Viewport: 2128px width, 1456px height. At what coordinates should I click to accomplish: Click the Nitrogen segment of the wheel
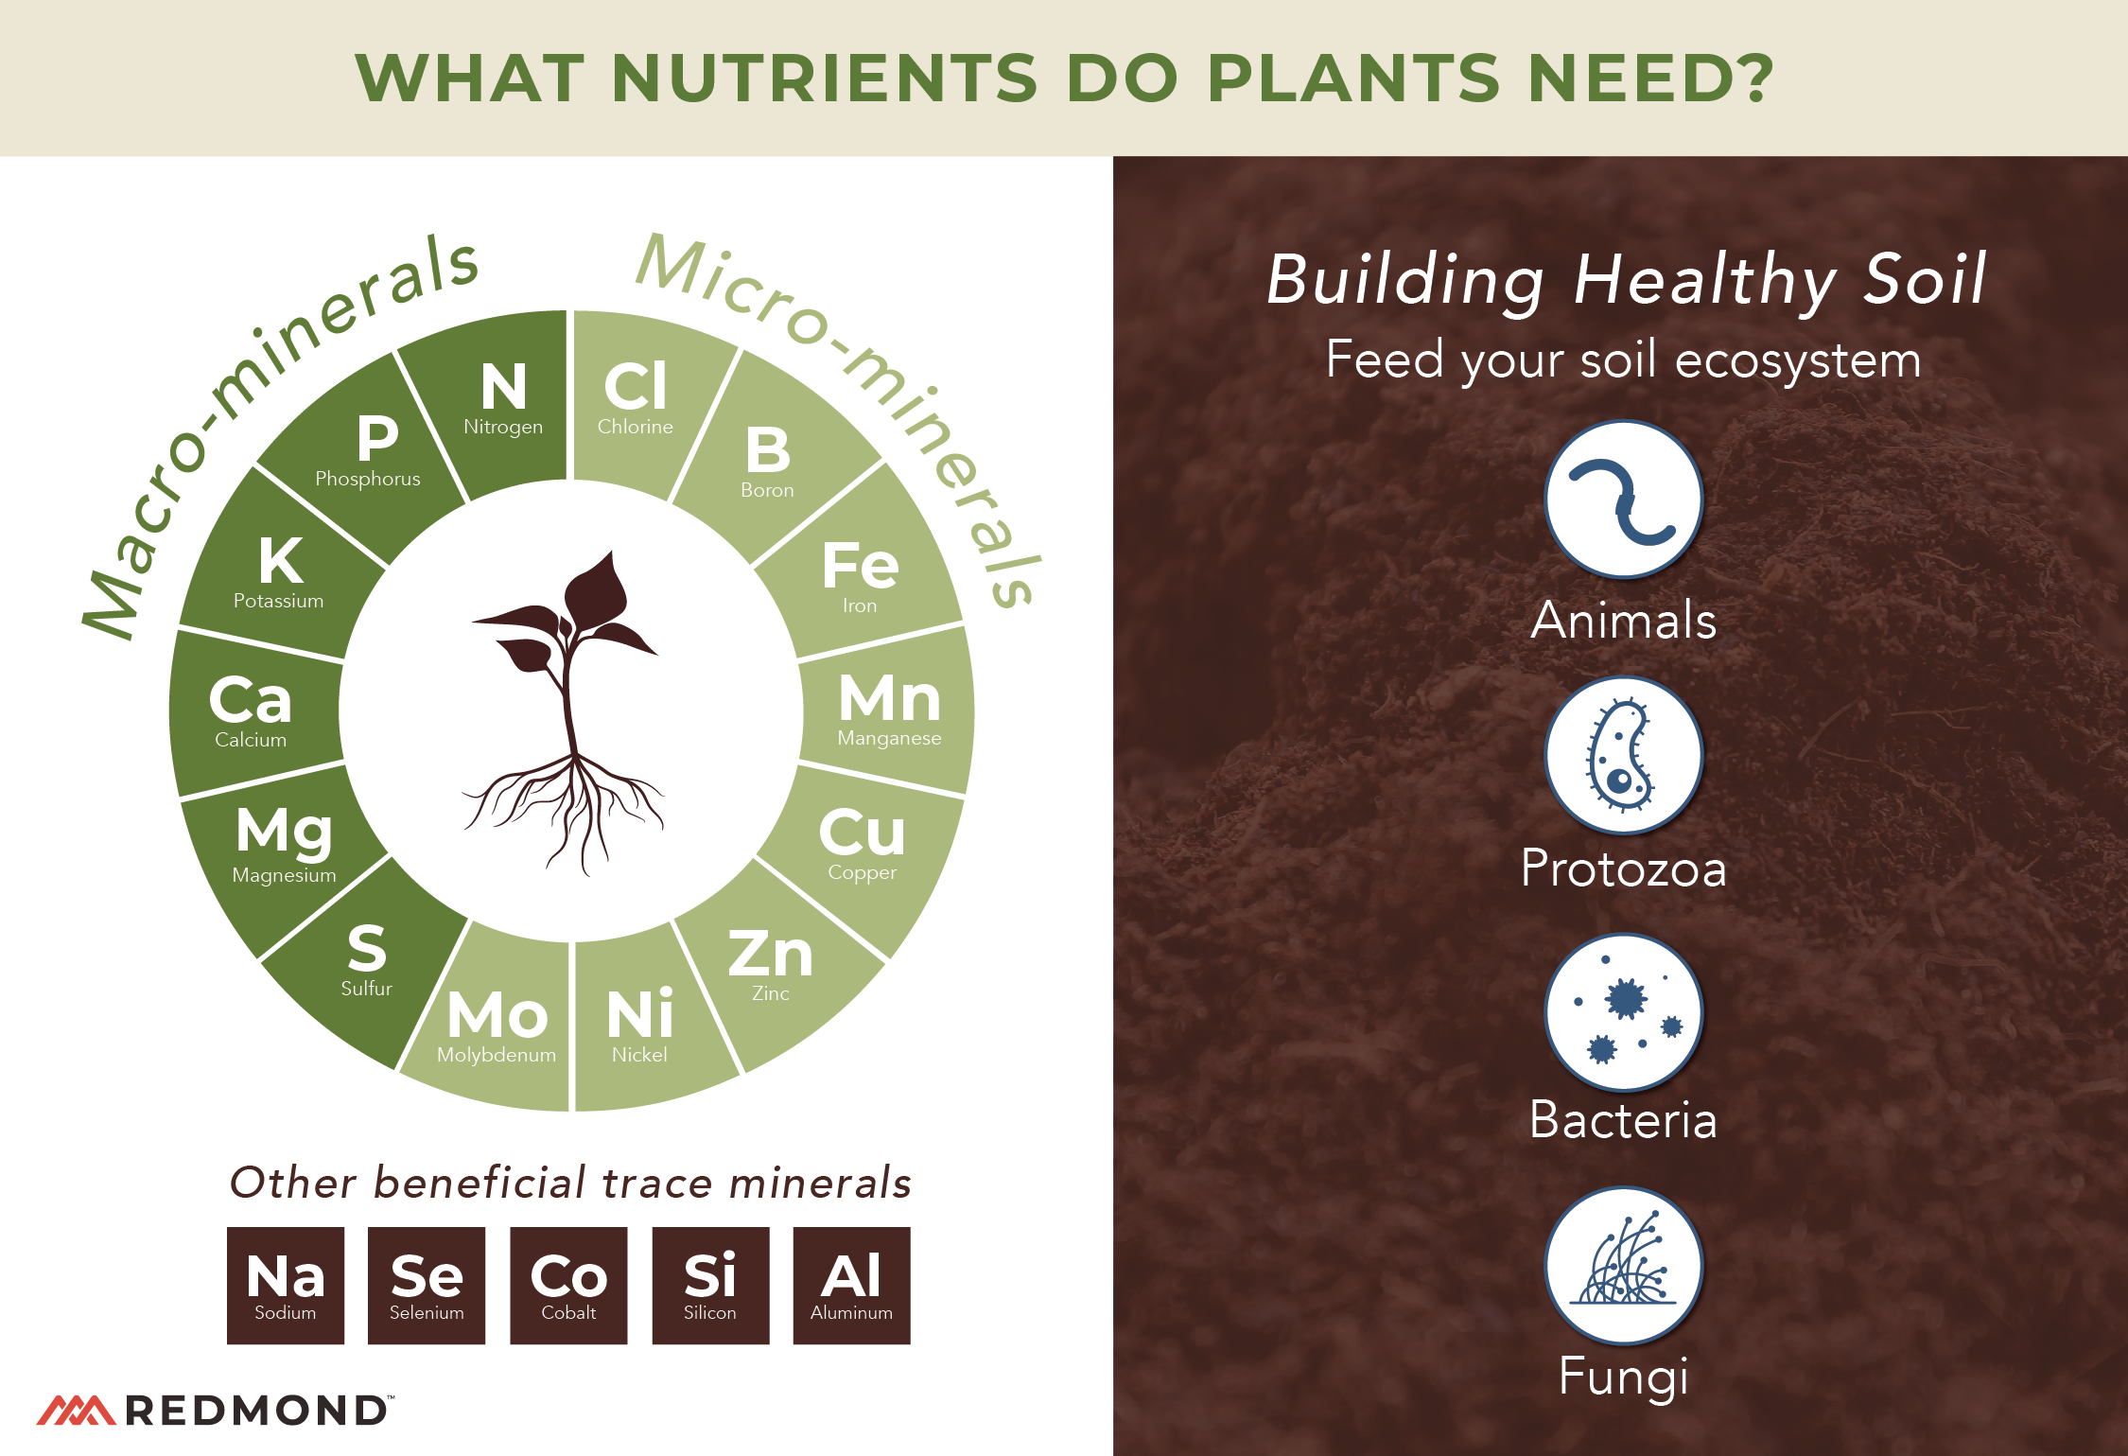(503, 401)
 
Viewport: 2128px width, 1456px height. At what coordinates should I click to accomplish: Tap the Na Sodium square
(286, 1285)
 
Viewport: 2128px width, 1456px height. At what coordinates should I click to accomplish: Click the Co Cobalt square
(568, 1285)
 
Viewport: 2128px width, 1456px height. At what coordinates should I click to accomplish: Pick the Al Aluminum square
(851, 1285)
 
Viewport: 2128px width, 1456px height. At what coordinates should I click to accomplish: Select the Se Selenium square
(427, 1285)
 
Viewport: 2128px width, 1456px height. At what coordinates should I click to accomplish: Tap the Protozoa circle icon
(1624, 755)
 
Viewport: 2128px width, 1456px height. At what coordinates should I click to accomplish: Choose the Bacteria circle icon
(1624, 1011)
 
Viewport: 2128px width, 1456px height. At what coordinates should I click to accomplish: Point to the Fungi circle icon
(1624, 1266)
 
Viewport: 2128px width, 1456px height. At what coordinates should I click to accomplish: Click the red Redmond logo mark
(76, 1410)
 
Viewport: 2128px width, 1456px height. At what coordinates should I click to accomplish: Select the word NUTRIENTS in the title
(825, 78)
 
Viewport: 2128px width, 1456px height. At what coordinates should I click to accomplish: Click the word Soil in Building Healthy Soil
(1924, 280)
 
